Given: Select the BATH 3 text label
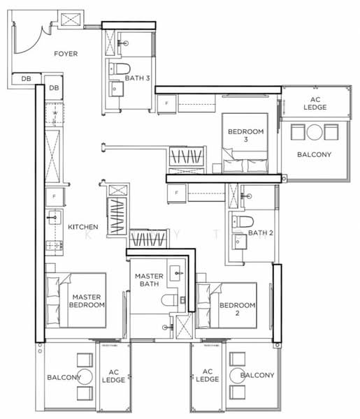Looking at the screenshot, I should click(x=138, y=78).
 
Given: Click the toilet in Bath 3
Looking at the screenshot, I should click(x=117, y=68).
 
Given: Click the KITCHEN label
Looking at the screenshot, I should click(x=82, y=228).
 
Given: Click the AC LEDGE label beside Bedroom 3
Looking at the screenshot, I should click(x=314, y=104).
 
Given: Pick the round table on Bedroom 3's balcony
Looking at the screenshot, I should click(x=314, y=132).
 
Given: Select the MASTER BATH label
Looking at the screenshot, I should click(x=149, y=280).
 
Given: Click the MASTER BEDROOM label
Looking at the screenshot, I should click(x=88, y=301).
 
